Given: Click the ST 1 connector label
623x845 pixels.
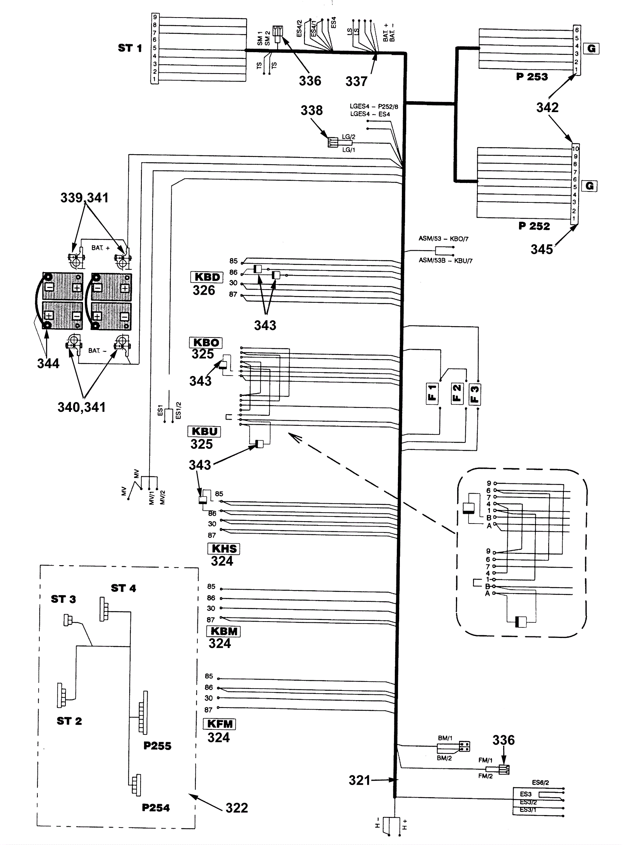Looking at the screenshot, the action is point(130,48).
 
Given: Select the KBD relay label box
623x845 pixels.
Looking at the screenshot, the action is point(207,277).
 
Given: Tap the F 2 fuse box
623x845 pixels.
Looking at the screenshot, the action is point(457,394).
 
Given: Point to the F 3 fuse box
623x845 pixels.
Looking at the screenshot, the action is point(475,394).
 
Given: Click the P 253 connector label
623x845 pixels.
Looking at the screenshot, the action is point(532,77).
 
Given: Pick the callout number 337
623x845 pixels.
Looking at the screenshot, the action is point(356,81).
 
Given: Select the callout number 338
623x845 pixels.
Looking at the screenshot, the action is point(311,110).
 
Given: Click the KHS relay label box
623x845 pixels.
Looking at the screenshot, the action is point(224,549).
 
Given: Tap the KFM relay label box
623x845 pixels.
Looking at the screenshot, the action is point(220,724).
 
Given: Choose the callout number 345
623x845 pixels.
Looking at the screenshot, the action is point(542,249).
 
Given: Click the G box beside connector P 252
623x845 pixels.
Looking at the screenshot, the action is point(590,186).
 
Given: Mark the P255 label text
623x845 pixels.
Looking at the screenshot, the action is point(157,746).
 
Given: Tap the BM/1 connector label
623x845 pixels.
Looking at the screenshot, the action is point(445,738).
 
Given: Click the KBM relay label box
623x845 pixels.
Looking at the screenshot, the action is point(224,631).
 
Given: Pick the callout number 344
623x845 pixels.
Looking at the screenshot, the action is point(48,364).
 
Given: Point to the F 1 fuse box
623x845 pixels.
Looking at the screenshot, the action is point(432,394).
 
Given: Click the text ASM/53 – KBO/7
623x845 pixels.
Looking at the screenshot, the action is point(443,239).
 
